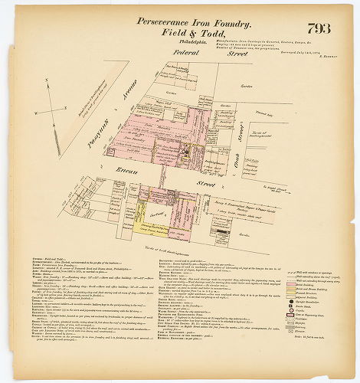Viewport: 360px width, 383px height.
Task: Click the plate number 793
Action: tap(321, 29)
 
